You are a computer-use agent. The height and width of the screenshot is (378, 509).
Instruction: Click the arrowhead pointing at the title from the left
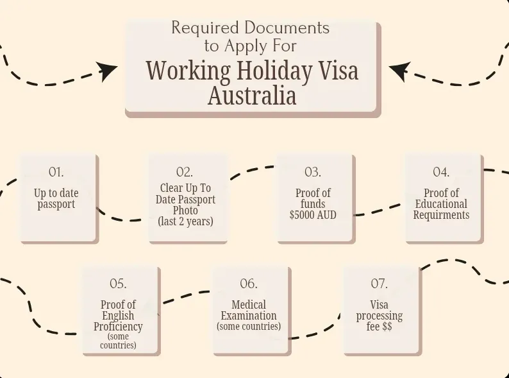click(106, 71)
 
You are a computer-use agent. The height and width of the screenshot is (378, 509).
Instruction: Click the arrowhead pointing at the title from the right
click(400, 71)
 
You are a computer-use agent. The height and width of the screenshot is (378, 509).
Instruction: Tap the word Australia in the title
click(252, 96)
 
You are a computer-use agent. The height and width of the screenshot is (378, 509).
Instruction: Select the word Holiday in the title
click(274, 71)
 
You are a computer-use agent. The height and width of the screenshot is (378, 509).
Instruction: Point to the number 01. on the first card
click(56, 172)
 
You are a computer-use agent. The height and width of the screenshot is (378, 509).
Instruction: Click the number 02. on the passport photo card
click(185, 172)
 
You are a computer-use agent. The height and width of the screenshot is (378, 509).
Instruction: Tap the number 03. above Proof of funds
click(313, 172)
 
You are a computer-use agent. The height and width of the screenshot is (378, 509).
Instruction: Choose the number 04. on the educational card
click(441, 172)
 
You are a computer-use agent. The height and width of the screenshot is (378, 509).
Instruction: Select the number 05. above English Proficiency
click(118, 284)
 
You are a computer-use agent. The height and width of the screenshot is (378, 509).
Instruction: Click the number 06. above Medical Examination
click(249, 284)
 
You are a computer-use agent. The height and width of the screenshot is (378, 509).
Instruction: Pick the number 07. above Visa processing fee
click(379, 284)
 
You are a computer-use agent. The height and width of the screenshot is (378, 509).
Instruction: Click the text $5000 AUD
click(313, 215)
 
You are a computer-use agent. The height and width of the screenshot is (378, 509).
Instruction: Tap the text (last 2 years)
click(186, 221)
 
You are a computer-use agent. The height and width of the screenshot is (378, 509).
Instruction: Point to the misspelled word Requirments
click(441, 215)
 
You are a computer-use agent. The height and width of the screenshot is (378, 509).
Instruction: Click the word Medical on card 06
click(249, 305)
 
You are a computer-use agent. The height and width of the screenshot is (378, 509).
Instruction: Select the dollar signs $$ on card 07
click(387, 326)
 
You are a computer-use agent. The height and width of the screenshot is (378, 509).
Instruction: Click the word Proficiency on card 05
click(118, 326)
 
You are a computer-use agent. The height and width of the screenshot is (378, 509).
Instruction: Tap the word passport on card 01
click(56, 205)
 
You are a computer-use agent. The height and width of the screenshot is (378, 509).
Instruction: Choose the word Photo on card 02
click(185, 210)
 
